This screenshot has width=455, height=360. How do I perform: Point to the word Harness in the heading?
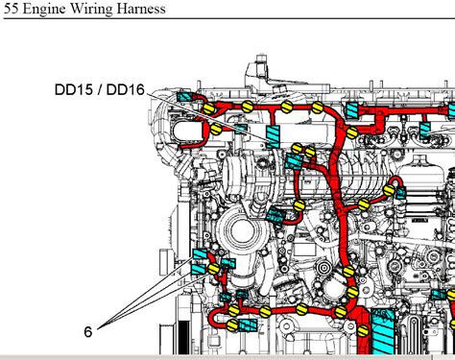(140, 9)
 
